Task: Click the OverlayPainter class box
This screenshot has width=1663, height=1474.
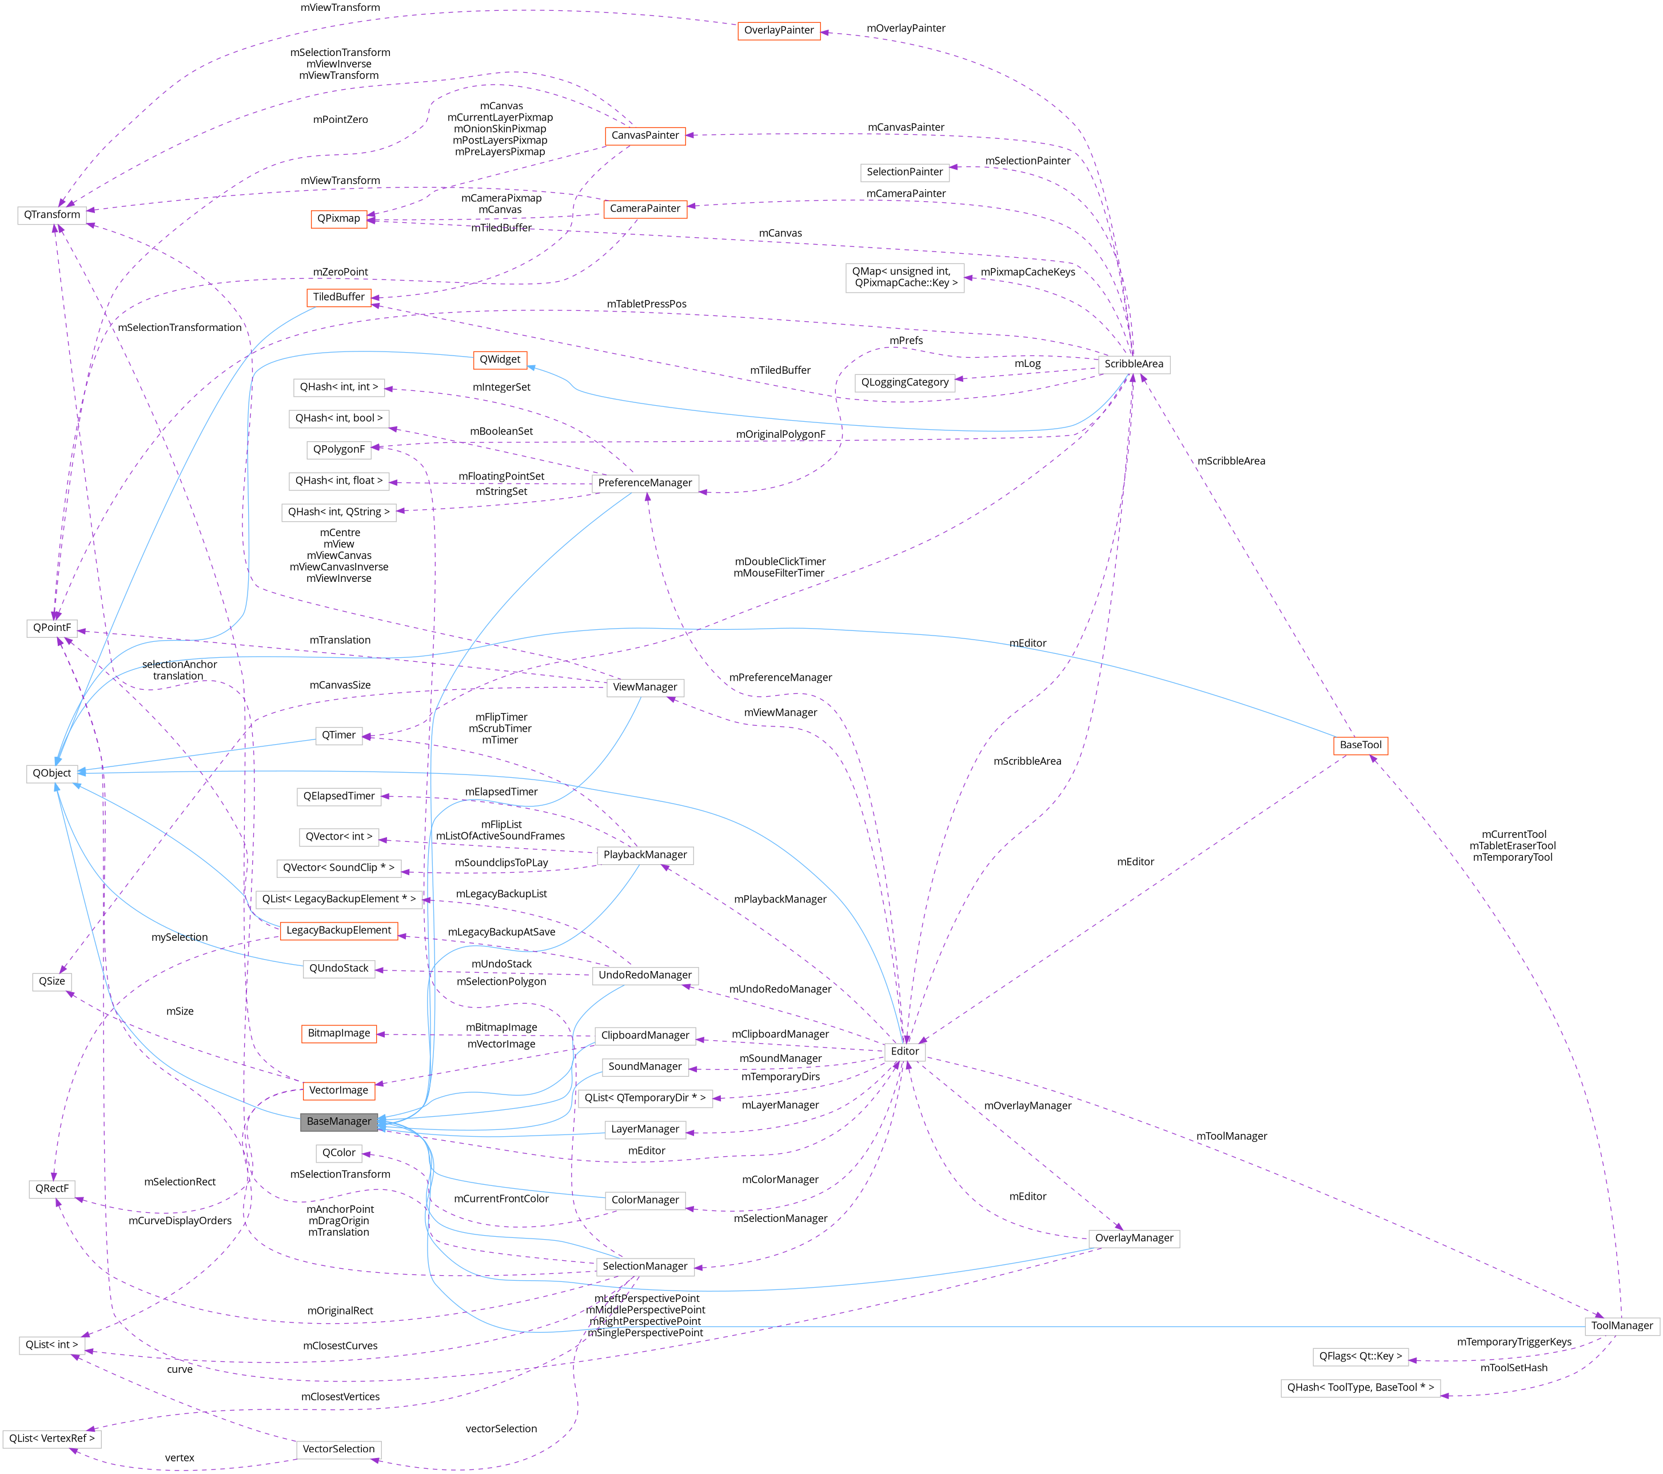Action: click(779, 30)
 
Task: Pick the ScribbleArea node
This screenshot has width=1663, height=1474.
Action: click(1134, 363)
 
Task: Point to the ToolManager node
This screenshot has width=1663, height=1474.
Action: click(1621, 1325)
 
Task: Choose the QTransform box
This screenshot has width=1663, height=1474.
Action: click(52, 215)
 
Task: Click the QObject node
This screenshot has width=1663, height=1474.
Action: click(52, 773)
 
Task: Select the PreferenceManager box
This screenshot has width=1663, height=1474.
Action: click(644, 482)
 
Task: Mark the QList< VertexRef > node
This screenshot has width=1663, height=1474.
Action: click(52, 1438)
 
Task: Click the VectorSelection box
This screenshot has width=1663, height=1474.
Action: click(338, 1449)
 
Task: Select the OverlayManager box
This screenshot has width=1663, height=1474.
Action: click(1134, 1238)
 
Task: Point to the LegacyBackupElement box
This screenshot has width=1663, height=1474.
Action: click(338, 930)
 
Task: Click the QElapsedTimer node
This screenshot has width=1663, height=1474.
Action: click(338, 796)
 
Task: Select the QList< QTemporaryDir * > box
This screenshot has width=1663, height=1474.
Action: click(644, 1097)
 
